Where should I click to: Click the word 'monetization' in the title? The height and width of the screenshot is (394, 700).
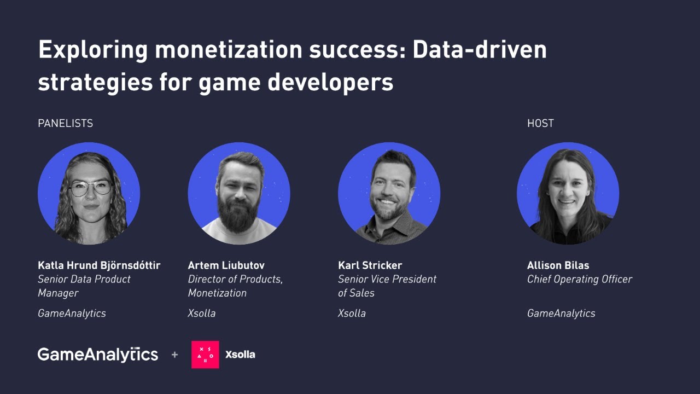[227, 50]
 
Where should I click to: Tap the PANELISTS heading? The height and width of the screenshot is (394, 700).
[65, 123]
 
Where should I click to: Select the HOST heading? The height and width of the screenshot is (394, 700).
[540, 123]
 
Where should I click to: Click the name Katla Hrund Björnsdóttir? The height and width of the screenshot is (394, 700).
[99, 265]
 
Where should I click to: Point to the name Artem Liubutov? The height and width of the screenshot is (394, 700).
[226, 265]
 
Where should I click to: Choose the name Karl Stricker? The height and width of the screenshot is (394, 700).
[370, 265]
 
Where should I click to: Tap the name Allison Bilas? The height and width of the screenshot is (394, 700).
[558, 265]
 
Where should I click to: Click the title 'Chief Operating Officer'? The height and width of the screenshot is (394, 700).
[579, 279]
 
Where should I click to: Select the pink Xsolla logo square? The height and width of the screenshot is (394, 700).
[205, 355]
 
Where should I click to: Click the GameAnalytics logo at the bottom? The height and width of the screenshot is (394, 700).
[98, 355]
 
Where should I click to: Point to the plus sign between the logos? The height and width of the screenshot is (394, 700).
[174, 355]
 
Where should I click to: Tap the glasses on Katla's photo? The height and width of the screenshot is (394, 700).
[90, 188]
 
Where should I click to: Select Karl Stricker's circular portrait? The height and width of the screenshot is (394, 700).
[389, 193]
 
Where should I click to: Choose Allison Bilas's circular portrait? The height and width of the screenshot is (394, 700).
[568, 193]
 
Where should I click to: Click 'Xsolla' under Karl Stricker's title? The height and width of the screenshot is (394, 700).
[352, 314]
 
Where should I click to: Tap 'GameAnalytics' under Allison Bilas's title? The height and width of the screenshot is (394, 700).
[561, 314]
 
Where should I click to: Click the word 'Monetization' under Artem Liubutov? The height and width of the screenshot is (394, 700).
[217, 293]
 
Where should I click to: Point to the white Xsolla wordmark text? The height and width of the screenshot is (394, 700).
[240, 355]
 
